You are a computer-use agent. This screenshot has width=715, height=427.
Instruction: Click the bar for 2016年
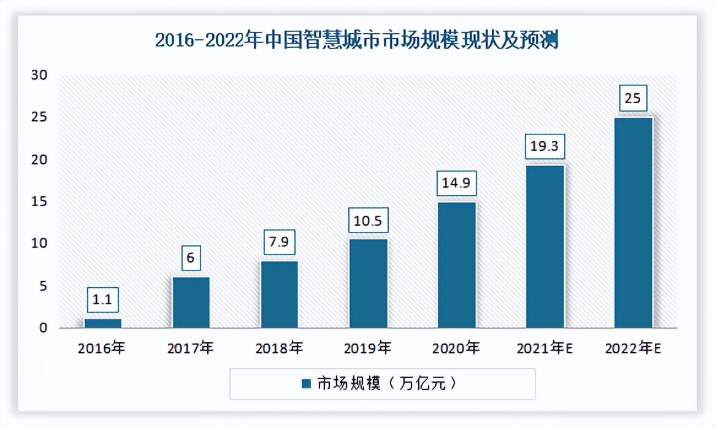click(103, 323)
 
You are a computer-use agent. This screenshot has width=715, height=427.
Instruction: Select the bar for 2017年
click(191, 302)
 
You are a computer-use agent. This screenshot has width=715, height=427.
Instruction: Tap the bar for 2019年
click(368, 283)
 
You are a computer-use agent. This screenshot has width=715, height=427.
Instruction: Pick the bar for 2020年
click(456, 264)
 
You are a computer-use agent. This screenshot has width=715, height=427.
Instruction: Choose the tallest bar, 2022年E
click(633, 222)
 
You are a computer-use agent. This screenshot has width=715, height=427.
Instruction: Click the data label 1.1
click(102, 301)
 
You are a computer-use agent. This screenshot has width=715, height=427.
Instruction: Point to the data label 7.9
click(279, 242)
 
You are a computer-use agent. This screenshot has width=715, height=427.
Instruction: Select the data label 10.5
click(368, 220)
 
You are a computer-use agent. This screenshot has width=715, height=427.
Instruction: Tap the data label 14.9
click(456, 183)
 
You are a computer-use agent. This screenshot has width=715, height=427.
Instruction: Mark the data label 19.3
click(545, 147)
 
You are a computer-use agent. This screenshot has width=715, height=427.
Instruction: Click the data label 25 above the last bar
click(633, 98)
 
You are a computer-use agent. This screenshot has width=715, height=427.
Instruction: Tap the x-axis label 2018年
click(279, 348)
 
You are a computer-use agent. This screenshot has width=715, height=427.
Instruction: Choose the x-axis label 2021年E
click(545, 348)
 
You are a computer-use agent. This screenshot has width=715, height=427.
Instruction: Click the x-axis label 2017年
click(191, 348)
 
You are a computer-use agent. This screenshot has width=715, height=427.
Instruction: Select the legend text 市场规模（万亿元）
click(387, 384)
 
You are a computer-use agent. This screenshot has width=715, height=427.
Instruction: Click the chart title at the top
click(357, 40)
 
